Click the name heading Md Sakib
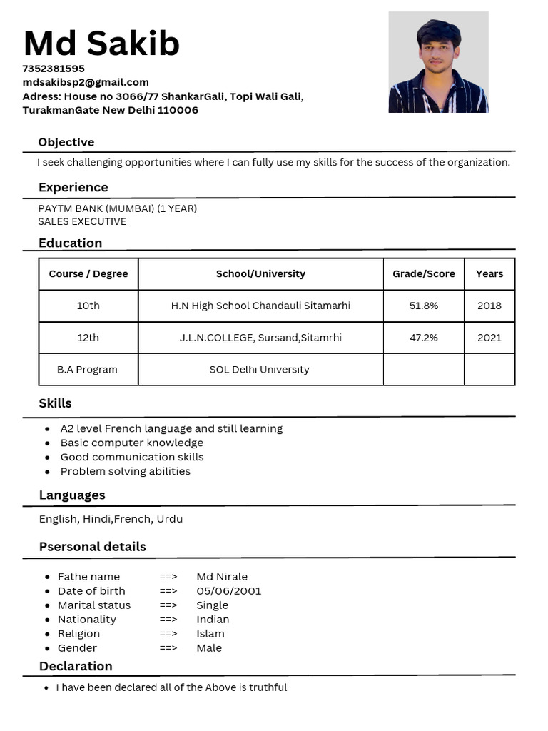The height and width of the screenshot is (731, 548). click(x=101, y=44)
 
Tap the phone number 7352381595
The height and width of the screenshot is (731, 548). click(x=54, y=69)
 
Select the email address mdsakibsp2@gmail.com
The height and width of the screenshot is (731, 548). click(x=86, y=82)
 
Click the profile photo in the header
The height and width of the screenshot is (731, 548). click(x=438, y=62)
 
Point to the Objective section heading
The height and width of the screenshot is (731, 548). click(x=66, y=142)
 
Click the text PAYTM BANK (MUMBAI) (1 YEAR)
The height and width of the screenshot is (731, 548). click(x=117, y=208)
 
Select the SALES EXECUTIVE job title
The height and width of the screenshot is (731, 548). click(x=82, y=221)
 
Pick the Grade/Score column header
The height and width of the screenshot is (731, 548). click(x=423, y=273)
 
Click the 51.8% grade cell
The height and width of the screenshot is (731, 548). click(x=423, y=306)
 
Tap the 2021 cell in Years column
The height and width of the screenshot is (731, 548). click(x=489, y=338)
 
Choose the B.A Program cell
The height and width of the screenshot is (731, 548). click(x=87, y=370)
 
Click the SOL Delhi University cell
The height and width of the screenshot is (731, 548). click(x=259, y=370)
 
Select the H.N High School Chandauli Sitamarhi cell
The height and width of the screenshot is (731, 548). click(x=260, y=306)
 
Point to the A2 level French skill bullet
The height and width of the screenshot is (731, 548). click(x=171, y=428)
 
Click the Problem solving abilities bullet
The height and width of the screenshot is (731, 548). click(x=125, y=471)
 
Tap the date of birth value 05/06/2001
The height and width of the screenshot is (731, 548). click(x=228, y=591)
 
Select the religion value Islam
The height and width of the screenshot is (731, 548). click(x=210, y=634)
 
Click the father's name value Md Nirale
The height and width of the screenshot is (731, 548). click(x=221, y=577)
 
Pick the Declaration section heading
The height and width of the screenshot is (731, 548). click(x=76, y=666)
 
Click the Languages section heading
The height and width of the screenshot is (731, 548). click(x=72, y=495)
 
